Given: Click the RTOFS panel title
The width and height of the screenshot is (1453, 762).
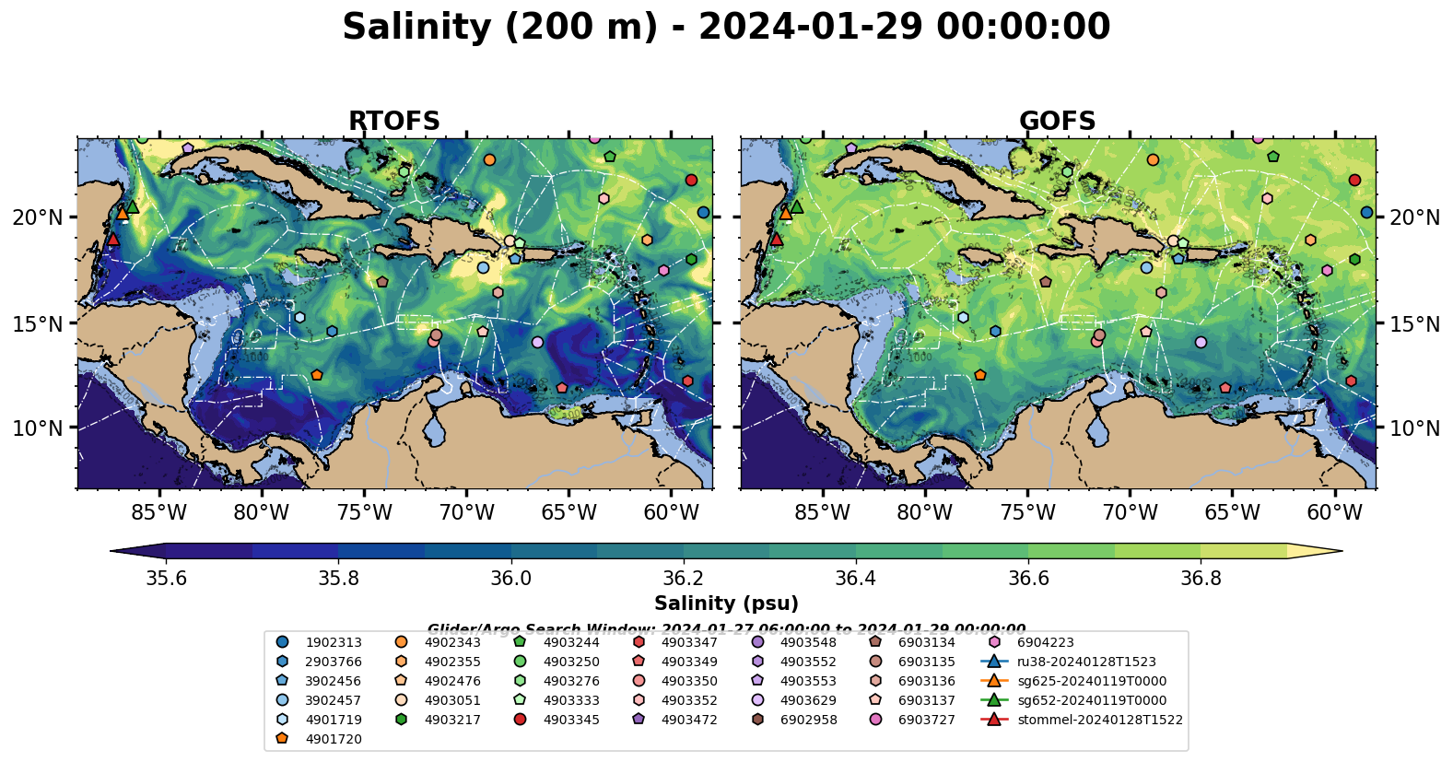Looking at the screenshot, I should click(393, 122).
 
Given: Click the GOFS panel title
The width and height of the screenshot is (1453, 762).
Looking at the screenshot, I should click(1057, 122).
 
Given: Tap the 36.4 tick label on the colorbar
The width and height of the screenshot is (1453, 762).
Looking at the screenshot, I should click(855, 578).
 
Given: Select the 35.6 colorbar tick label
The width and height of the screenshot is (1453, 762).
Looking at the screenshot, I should click(167, 578).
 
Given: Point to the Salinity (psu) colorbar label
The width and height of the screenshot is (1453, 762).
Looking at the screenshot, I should click(726, 604).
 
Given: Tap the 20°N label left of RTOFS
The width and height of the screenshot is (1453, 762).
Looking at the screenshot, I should click(38, 217).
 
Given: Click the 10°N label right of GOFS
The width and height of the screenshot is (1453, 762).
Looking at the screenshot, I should click(1414, 428).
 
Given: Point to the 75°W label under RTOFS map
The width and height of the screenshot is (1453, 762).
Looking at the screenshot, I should click(365, 512).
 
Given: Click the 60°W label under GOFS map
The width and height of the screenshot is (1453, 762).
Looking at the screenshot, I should click(1334, 512).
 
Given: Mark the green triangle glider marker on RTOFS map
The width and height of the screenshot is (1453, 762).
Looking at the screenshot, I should click(133, 207).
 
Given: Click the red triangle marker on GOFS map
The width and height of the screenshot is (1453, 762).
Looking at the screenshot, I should click(776, 240).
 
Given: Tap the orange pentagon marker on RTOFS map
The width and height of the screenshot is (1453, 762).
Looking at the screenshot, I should click(317, 375).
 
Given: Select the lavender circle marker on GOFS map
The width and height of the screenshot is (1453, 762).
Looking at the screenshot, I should click(1201, 342).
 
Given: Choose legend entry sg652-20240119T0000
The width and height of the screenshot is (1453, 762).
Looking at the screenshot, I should click(1092, 700).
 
